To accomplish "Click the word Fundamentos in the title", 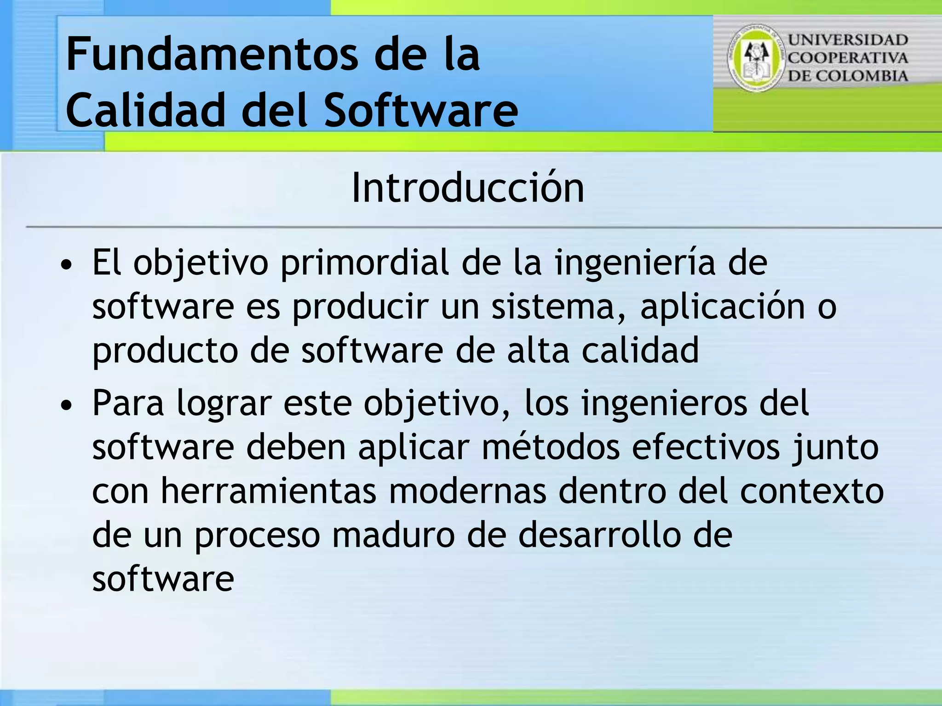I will point(212,55).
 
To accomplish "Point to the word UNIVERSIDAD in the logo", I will point(848,40).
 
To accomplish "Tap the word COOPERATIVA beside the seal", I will point(848,58).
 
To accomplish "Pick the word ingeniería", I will point(635,263).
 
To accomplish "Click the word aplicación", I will point(722,307).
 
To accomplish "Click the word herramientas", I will point(268,491).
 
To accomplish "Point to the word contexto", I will point(812,491).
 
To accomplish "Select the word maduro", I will point(393,535).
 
